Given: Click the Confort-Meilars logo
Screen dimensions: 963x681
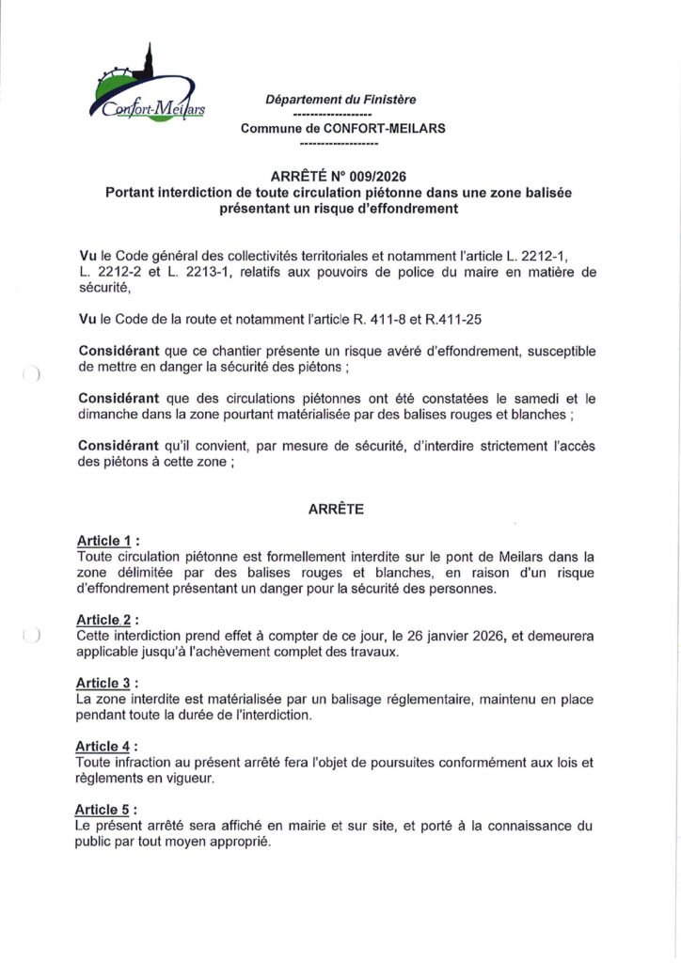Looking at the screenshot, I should [x=150, y=88].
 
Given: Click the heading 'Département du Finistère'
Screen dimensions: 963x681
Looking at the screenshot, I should [x=340, y=99].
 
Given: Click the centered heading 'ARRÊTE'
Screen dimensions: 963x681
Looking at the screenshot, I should [x=336, y=509].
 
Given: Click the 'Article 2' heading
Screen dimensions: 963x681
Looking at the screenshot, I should [x=104, y=620].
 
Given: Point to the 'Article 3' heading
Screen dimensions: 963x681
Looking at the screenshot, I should [x=104, y=683].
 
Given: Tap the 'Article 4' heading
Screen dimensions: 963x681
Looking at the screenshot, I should [x=104, y=746].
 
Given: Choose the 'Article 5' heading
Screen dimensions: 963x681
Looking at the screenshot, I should [x=104, y=810].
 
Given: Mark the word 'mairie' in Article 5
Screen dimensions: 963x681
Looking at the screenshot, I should [x=314, y=826].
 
